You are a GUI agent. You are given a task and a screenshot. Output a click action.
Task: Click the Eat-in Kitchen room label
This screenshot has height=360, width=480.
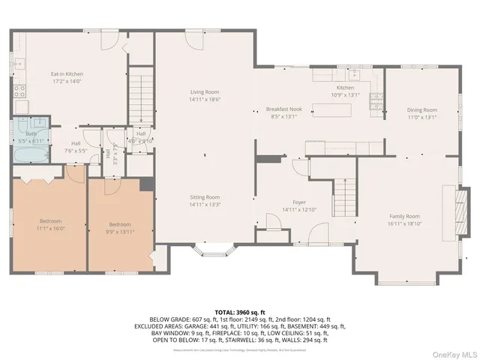[67, 74]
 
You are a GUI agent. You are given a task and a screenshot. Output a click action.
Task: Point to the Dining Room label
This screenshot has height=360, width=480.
[421, 110]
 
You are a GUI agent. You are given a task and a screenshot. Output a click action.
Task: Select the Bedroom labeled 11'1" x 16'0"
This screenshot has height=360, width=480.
[50, 223]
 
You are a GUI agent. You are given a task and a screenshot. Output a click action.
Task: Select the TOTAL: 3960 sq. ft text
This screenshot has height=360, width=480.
[240, 311]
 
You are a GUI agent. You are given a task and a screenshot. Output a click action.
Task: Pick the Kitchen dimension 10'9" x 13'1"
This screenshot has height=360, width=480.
[345, 95]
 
